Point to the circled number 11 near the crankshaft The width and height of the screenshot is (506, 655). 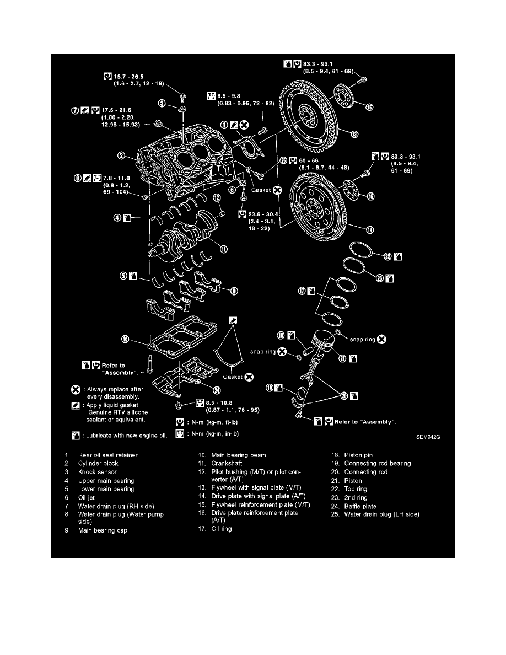point(223,249)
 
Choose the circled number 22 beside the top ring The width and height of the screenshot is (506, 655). point(387,256)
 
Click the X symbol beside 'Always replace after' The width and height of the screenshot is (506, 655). point(76,389)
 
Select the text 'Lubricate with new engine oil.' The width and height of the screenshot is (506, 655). point(128,435)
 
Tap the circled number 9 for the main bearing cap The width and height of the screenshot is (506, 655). point(234,291)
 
